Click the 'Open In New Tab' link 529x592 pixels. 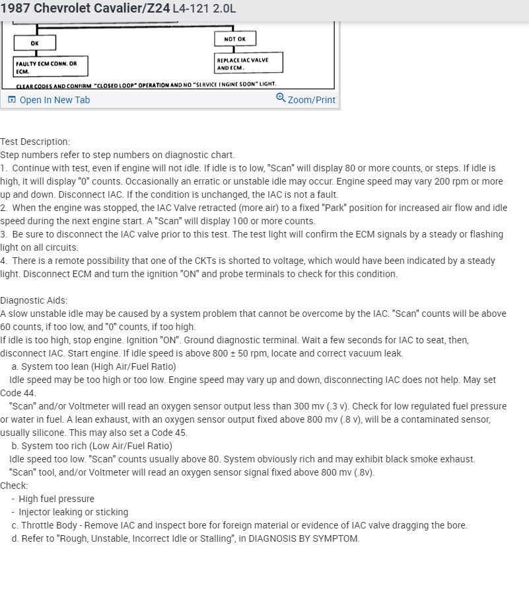[54, 100]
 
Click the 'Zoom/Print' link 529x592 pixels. [311, 100]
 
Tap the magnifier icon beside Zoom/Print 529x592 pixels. [281, 98]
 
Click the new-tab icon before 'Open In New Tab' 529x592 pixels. [12, 100]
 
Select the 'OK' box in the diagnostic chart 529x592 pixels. [35, 43]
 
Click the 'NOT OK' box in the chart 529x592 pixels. [235, 39]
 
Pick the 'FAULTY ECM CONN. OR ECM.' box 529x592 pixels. [50, 67]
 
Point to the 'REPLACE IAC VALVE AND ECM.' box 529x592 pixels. [250, 63]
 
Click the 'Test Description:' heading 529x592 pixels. [35, 142]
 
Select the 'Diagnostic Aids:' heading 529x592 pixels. [34, 300]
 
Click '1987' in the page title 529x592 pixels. [15, 9]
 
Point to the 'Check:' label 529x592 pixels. [14, 486]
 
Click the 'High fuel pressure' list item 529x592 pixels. [56, 499]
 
